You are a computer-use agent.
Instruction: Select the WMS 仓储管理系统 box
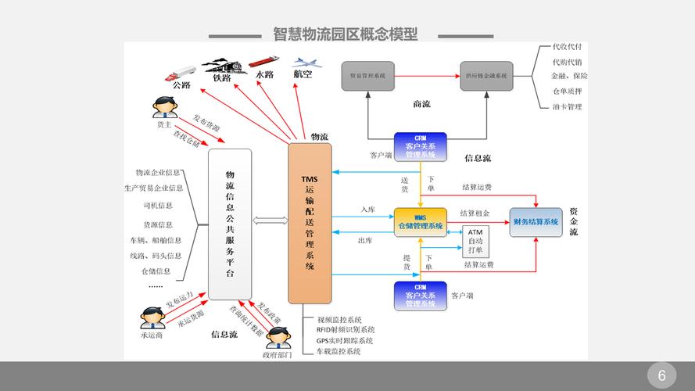[x=420, y=223]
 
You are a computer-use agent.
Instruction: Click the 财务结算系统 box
[x=536, y=223]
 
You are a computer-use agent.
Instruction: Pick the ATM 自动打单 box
[x=475, y=242]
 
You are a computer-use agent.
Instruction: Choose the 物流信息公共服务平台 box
[x=230, y=224]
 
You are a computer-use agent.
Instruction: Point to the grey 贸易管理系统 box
[x=367, y=76]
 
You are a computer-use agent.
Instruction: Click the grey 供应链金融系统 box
[x=486, y=76]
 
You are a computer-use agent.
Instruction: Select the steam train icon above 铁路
[x=223, y=63]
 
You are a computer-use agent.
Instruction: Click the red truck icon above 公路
[x=180, y=73]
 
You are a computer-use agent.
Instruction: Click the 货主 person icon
[x=163, y=107]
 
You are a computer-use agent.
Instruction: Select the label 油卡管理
[x=567, y=106]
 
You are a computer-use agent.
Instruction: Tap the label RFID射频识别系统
[x=346, y=330]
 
